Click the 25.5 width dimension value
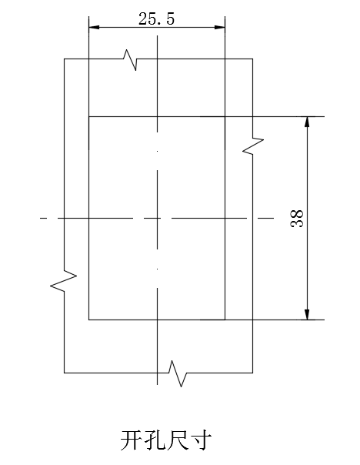point(156,19)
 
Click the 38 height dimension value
point(297,219)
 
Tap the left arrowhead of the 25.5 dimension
point(94,27)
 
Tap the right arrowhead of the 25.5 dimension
point(219,27)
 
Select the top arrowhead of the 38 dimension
point(307,122)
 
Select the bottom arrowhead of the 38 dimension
point(307,314)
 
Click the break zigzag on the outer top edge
point(130,59)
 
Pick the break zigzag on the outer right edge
point(253,146)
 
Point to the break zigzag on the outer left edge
point(64,280)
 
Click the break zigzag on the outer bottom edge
point(177,373)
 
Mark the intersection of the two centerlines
point(158,219)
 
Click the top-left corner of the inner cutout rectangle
point(89,116)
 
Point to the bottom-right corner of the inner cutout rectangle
point(225,320)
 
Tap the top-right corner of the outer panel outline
point(253,59)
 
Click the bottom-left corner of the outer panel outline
point(65,373)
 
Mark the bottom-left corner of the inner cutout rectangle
point(89,320)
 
